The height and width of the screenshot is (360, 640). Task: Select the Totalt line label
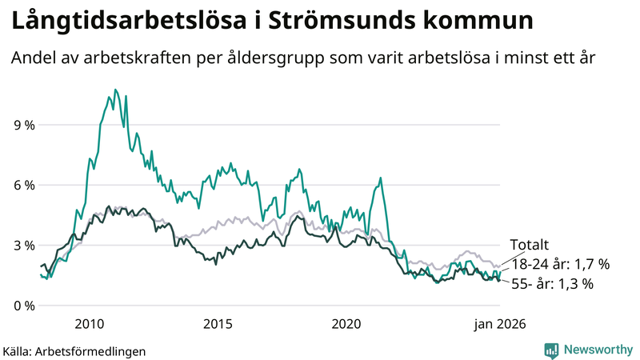pos(530,246)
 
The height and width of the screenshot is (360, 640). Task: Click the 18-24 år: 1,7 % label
pos(561,263)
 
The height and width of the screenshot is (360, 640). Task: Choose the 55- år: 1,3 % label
pos(552,283)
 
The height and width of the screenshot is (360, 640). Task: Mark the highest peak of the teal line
pos(115,90)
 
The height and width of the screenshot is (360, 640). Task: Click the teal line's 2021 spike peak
pos(380,178)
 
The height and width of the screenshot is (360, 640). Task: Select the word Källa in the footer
pos(18,350)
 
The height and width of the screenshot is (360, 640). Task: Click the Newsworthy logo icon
pos(551,350)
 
